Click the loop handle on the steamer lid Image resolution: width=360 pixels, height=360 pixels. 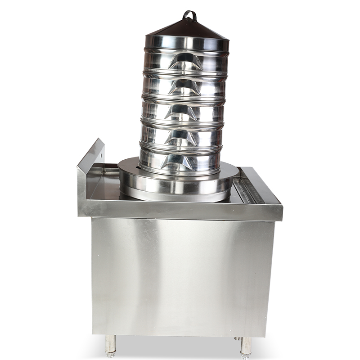(189, 15)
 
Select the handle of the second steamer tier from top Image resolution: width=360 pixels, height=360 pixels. (184, 86)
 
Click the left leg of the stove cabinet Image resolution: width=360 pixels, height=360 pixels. (110, 344)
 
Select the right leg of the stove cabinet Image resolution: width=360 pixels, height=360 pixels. (246, 344)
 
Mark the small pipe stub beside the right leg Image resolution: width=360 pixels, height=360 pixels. (235, 338)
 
